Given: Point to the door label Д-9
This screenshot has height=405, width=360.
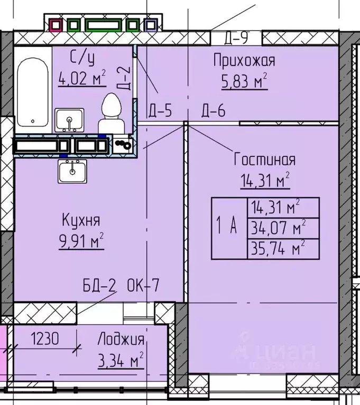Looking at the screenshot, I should coord(236,38).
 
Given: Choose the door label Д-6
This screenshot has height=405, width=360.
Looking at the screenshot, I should coord(213,111).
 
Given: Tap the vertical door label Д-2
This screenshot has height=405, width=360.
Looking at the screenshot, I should coord(123,79).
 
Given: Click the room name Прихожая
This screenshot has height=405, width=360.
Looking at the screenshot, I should coord(244,60).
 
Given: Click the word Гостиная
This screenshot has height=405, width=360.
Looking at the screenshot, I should coord(265,159).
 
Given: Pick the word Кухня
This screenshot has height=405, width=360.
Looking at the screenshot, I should coord(81,220).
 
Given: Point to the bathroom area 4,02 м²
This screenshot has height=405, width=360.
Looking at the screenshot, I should coord(82,80).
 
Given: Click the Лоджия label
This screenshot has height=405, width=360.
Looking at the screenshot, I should coord(121,340).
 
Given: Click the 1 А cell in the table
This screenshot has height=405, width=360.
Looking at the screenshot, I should coord(229,227).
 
